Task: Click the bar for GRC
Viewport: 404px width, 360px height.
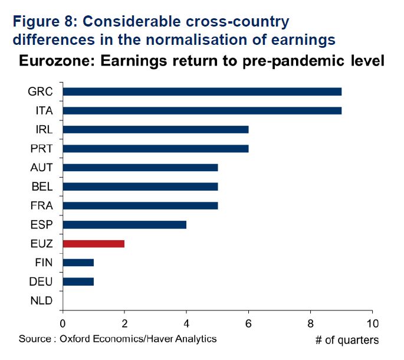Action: pos(202,91)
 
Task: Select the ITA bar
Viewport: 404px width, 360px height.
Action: pos(202,110)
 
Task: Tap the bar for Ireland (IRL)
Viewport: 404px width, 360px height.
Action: pos(155,129)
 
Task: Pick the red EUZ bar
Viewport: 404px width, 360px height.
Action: pos(93,243)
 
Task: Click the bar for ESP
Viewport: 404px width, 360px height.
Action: pos(124,224)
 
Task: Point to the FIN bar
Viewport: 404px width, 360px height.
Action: pos(78,262)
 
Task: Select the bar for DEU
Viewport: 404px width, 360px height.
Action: pos(78,281)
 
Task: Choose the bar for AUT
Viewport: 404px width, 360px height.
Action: pos(140,167)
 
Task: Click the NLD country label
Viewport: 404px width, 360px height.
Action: pos(41,300)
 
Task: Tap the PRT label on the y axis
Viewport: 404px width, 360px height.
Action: pos(41,148)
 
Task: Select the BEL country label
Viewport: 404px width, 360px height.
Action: pos(41,186)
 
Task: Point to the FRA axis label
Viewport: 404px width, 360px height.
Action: pos(41,205)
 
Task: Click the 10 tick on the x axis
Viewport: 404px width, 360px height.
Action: pos(372,323)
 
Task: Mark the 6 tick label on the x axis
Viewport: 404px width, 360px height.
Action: pos(248,323)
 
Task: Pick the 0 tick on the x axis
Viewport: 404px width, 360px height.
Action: pos(63,323)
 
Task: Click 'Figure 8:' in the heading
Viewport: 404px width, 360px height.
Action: pos(44,22)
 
